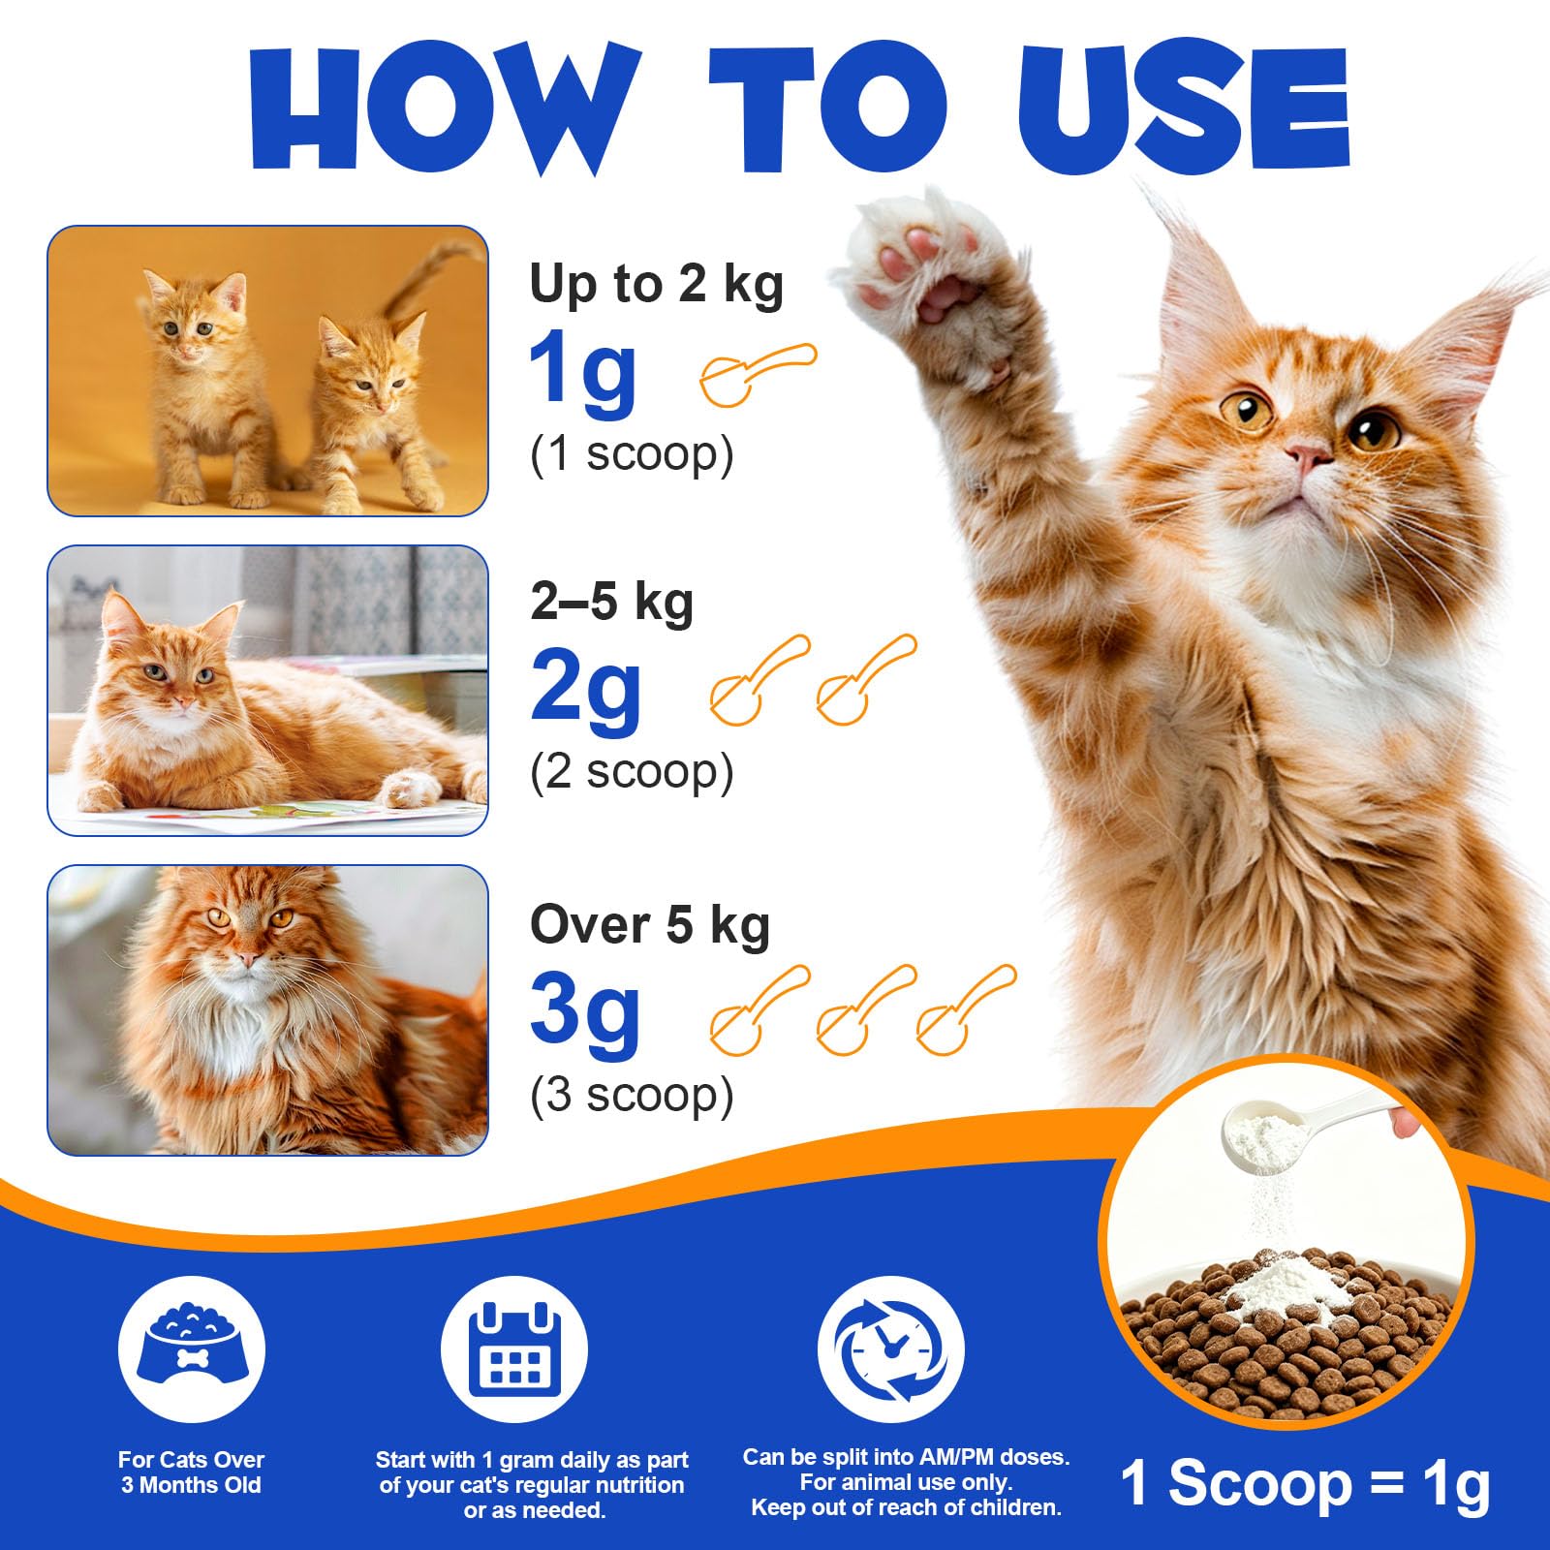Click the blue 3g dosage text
click(585, 1015)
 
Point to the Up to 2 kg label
click(656, 284)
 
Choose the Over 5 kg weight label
click(649, 925)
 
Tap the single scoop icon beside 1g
click(759, 373)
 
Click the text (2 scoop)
click(632, 772)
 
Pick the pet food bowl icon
click(192, 1349)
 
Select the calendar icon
click(514, 1349)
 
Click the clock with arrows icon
click(890, 1349)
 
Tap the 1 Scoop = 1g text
click(1305, 1483)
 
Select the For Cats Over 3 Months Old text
click(191, 1472)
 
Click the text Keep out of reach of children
click(906, 1507)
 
